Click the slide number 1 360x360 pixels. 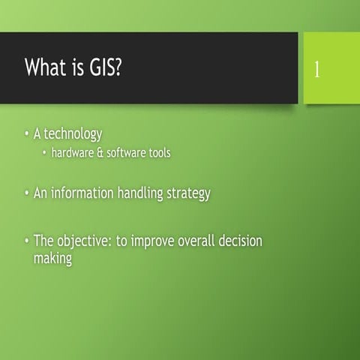point(317,70)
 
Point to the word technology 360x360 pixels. point(73,134)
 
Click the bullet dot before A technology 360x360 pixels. point(26,134)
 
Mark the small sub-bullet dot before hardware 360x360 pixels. point(44,153)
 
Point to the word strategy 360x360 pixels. point(188,193)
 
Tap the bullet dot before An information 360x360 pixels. point(26,193)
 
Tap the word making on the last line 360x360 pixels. point(52,259)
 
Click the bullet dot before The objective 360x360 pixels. point(26,241)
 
